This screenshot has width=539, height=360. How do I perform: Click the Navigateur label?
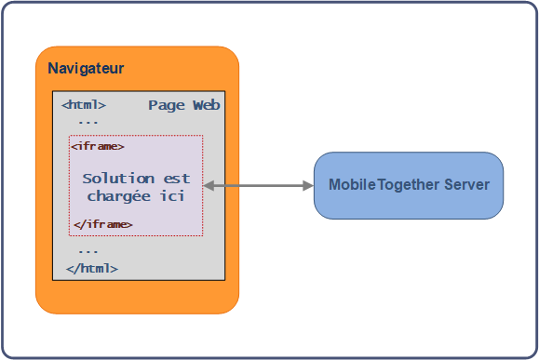[86, 69]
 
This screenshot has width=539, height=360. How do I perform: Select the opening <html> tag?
[84, 105]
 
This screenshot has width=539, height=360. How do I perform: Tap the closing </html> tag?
[91, 268]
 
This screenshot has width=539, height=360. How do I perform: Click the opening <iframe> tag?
[98, 146]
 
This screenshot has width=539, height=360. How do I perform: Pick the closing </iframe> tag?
[102, 224]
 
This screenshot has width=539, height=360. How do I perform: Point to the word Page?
[167, 105]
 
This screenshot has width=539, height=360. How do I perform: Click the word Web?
[206, 105]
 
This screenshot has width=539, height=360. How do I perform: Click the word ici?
[171, 196]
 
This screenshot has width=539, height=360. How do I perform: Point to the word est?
[177, 178]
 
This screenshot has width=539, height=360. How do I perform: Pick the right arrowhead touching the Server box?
[308, 186]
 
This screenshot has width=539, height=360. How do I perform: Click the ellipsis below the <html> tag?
[88, 121]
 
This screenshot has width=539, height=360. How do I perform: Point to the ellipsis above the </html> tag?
[88, 250]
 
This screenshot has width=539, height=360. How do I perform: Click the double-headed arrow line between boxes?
[259, 186]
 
